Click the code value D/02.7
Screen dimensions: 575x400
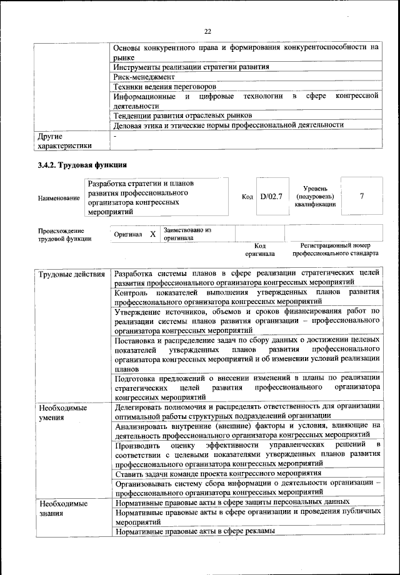tap(271, 196)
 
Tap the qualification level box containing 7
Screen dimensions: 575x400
tap(362, 196)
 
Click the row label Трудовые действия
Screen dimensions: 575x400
tap(71, 275)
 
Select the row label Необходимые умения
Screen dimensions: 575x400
tap(62, 413)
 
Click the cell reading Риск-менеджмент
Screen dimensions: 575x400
tap(144, 76)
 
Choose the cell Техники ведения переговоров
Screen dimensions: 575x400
tap(169, 86)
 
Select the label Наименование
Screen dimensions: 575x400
tap(59, 198)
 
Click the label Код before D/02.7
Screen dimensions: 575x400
tap(247, 197)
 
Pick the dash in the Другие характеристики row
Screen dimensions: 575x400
tap(116, 135)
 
